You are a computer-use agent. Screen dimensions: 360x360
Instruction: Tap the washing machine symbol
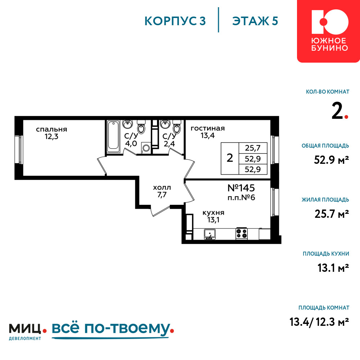(x=146, y=148)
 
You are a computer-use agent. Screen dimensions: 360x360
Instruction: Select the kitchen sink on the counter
(x=210, y=234)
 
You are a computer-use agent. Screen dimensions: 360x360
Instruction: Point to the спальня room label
(x=51, y=129)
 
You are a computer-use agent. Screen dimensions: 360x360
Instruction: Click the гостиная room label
(x=208, y=129)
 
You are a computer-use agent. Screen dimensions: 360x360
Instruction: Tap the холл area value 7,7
(x=162, y=195)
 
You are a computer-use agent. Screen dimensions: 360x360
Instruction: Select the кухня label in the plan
(x=213, y=213)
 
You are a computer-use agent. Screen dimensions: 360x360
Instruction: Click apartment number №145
(x=241, y=188)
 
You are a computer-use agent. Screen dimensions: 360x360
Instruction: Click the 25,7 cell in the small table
(x=253, y=148)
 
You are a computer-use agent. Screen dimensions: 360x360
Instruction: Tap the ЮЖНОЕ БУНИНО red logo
(x=329, y=31)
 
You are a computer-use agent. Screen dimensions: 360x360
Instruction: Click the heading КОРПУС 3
(x=175, y=21)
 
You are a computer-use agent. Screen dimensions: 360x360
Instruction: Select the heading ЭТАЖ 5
(x=255, y=21)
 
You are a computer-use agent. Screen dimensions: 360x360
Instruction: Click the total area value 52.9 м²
(x=331, y=160)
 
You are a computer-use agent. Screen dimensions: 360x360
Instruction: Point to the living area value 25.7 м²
(x=332, y=214)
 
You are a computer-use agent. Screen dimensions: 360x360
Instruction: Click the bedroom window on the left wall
(x=19, y=150)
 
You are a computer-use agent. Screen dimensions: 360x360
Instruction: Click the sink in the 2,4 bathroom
(x=165, y=124)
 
